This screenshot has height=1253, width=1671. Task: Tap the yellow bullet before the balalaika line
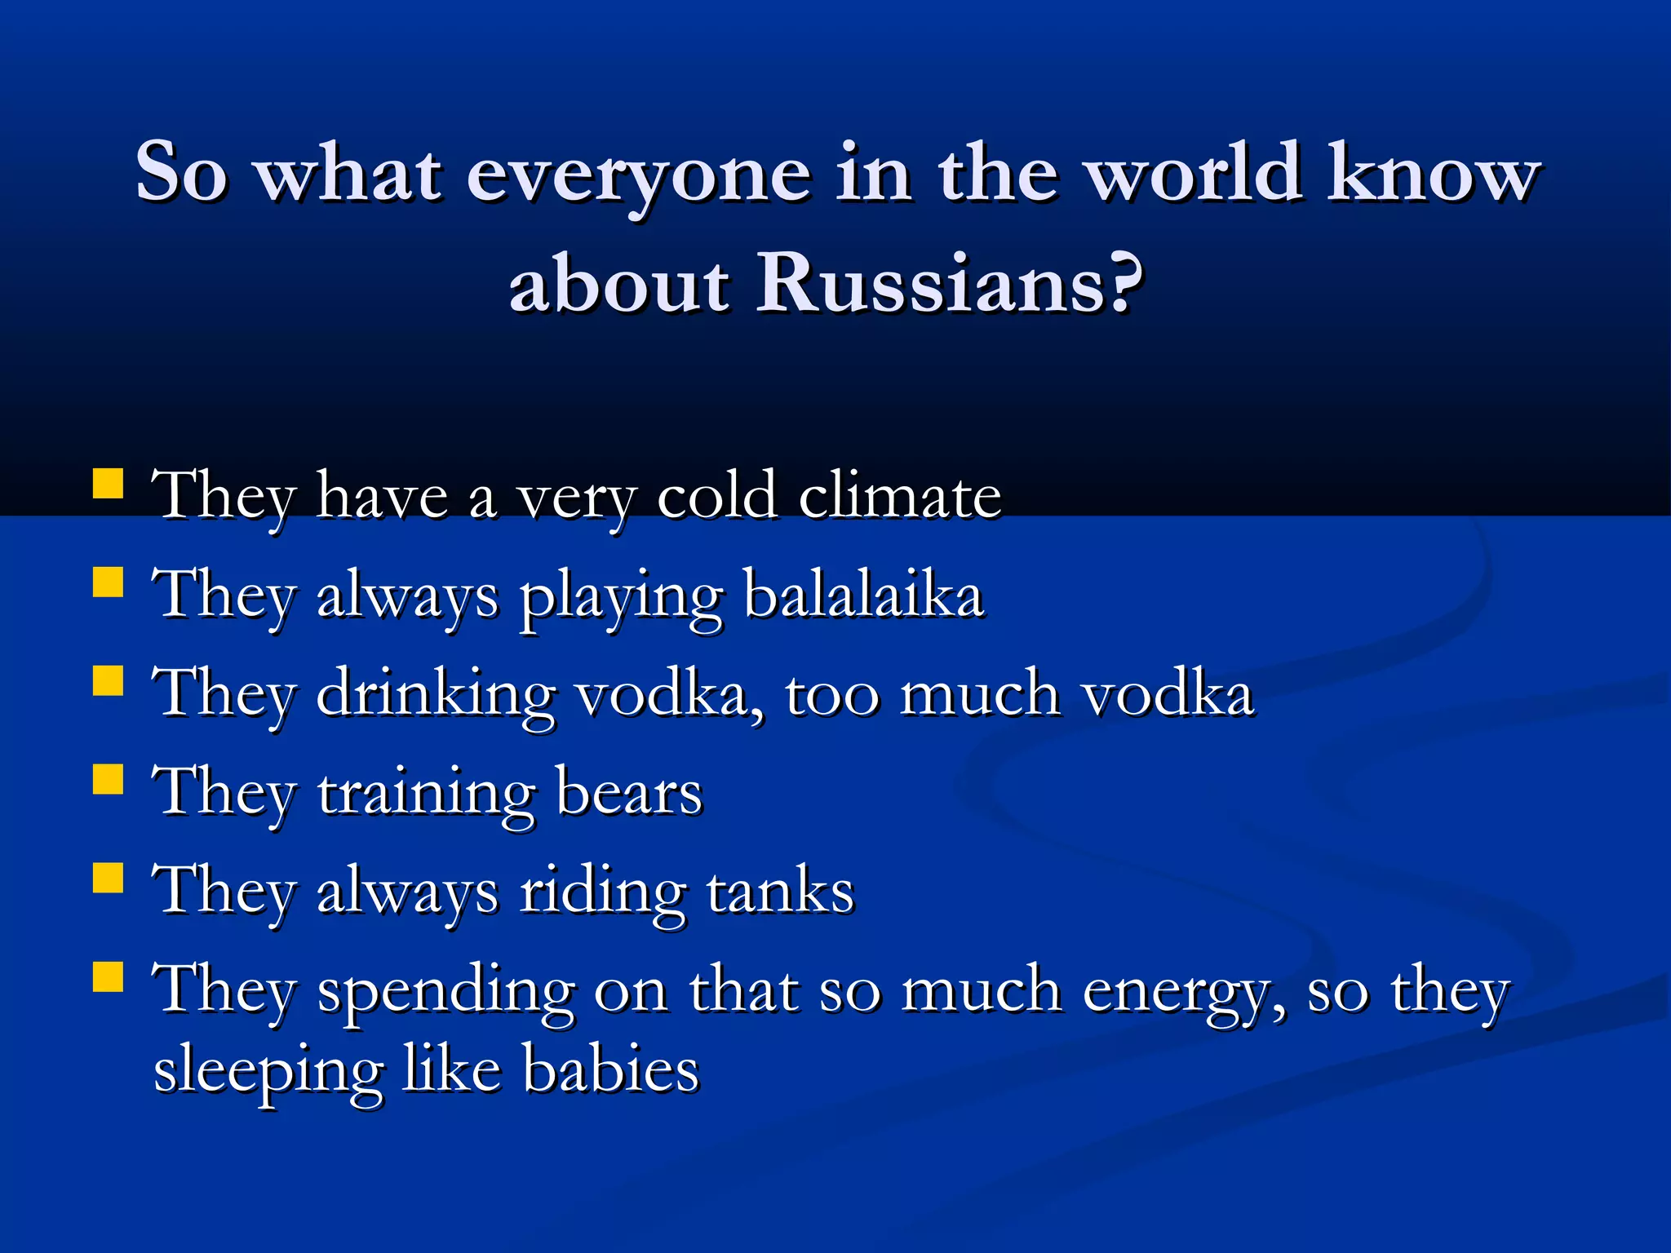coord(109,582)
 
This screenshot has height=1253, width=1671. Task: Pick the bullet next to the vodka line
coord(109,680)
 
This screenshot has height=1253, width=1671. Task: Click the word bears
coord(628,792)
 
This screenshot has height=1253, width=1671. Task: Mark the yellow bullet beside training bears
coord(109,779)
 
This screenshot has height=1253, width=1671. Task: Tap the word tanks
coord(780,891)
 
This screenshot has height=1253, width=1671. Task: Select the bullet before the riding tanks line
coord(109,879)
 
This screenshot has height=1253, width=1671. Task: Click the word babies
coord(611,1069)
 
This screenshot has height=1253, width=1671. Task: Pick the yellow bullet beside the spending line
coord(109,976)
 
